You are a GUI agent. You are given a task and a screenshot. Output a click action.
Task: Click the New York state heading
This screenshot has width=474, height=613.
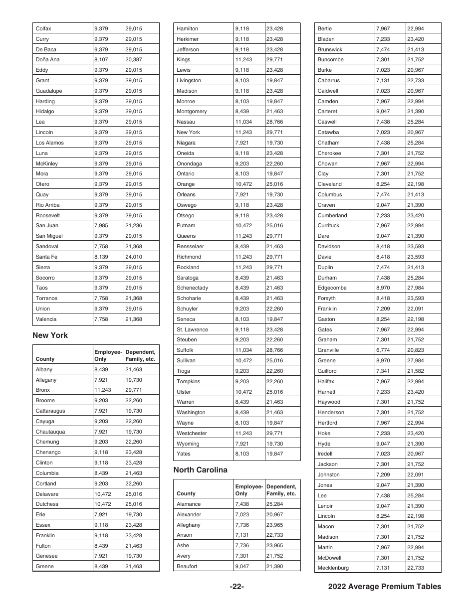coord(50,335)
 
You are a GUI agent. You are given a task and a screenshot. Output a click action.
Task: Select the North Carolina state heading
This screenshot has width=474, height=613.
coord(200,470)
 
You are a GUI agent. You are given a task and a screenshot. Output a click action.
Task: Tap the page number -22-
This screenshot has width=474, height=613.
coord(237,587)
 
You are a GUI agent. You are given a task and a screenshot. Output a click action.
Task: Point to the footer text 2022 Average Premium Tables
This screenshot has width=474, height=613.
coord(385,587)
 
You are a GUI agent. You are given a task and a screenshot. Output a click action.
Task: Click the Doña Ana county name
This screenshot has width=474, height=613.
coord(47,60)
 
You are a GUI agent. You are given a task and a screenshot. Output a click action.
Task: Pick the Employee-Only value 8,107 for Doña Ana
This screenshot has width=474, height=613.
coord(101,60)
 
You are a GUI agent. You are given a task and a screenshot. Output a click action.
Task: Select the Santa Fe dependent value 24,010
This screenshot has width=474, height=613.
coord(133,257)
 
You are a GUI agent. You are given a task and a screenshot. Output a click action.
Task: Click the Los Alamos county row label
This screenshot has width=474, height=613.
coord(50,143)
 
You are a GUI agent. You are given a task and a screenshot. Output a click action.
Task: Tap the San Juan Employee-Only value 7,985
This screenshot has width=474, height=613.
coord(101,226)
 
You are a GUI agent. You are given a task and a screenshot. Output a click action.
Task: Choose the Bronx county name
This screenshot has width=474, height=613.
coord(43,390)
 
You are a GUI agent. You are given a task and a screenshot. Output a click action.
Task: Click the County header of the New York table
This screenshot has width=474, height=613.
coord(45,359)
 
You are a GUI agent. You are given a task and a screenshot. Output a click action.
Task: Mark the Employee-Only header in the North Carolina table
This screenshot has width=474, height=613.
coord(249,490)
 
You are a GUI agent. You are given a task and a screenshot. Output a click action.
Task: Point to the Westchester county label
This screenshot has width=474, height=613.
coord(192,434)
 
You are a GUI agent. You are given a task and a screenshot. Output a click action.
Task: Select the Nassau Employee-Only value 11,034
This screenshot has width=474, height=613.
coord(243,122)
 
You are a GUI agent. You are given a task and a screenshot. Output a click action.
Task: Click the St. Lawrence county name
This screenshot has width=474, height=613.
coord(192,330)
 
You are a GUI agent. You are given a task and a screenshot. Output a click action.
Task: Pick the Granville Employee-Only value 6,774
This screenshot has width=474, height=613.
coord(383,350)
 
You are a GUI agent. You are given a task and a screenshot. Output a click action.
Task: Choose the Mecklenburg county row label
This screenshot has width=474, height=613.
coord(333,568)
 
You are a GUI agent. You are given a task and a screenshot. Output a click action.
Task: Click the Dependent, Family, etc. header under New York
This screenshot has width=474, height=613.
coord(140,355)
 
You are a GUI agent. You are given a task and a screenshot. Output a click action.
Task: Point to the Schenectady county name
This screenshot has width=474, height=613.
coord(192,288)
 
